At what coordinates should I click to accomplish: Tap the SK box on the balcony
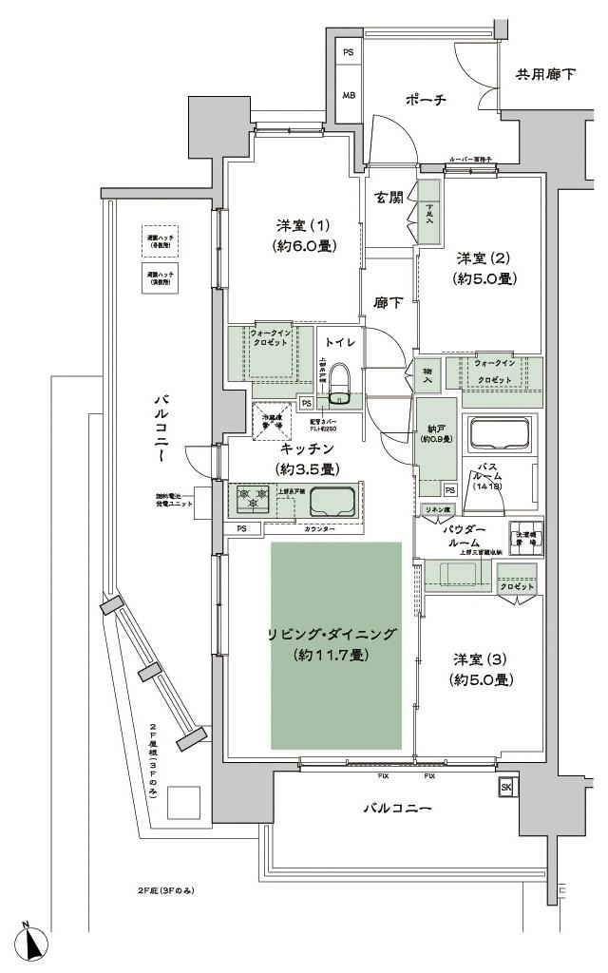tap(505, 787)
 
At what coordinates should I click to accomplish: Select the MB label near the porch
tap(349, 95)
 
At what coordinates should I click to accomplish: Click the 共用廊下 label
tap(544, 74)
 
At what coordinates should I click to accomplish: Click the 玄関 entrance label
tap(388, 199)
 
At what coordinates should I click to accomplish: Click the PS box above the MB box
tap(349, 53)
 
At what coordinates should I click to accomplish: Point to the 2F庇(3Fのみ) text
tap(163, 890)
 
